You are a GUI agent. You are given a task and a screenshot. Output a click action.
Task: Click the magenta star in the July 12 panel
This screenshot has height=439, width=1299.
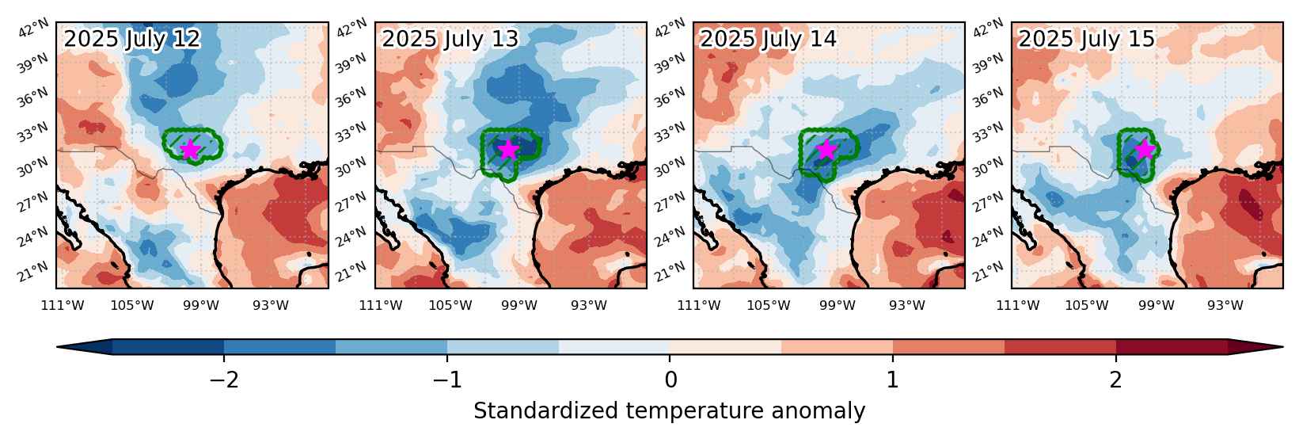(x=190, y=149)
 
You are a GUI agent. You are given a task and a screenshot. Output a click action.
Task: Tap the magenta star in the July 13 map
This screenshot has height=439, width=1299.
(x=508, y=149)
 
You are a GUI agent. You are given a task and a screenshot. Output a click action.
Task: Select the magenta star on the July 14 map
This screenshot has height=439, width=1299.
(x=827, y=149)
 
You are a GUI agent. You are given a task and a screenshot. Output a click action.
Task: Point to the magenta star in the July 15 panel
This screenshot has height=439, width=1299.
(x=1145, y=149)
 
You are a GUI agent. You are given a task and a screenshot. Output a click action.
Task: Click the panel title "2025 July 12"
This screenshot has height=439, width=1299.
(x=132, y=39)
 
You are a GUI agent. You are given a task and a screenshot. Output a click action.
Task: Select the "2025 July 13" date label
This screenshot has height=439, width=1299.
(x=450, y=39)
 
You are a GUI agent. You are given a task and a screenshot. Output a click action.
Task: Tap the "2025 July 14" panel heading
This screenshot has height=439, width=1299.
(x=769, y=39)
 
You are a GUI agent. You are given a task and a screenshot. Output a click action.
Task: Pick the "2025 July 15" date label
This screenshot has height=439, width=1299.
(x=1087, y=39)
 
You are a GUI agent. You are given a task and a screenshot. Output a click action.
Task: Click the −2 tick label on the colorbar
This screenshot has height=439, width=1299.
(x=225, y=380)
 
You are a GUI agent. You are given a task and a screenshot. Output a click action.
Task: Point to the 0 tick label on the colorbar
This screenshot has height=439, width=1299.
(x=671, y=380)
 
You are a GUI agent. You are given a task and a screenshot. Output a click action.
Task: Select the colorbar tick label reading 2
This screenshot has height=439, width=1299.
(x=1116, y=380)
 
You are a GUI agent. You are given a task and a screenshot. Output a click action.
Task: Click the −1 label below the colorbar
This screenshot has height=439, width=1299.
(x=448, y=380)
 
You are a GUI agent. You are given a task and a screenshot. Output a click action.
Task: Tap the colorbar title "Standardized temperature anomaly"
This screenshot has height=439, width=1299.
(x=669, y=411)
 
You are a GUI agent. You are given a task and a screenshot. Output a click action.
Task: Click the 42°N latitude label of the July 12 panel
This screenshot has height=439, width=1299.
(x=33, y=28)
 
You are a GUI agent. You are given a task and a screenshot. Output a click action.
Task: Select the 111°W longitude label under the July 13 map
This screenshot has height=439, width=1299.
(x=381, y=305)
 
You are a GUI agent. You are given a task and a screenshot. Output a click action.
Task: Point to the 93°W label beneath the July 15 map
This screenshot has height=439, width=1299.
(x=1225, y=305)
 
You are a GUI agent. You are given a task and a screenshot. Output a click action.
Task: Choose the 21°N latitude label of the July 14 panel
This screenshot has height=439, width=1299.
(x=670, y=270)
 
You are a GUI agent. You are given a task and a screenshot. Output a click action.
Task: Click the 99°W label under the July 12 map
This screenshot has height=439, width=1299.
(x=201, y=305)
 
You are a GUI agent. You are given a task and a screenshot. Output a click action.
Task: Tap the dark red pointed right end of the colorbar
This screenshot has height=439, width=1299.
(x=1255, y=346)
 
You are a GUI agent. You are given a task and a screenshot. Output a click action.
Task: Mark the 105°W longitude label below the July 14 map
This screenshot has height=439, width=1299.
(x=769, y=305)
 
